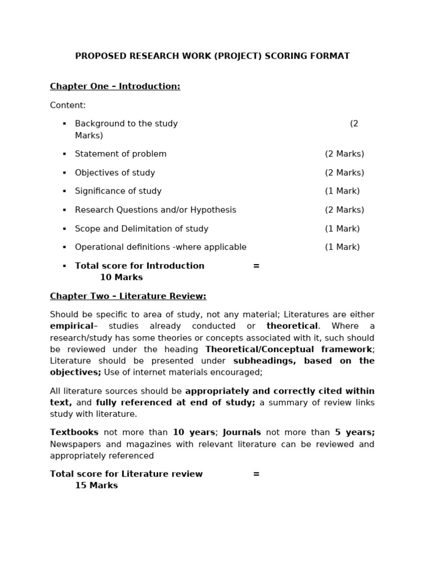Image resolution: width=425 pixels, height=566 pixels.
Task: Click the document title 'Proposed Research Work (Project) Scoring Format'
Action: (212, 56)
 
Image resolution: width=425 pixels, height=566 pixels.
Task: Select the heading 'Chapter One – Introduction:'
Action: (115, 86)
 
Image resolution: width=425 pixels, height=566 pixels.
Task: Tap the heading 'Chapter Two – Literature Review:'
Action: (128, 296)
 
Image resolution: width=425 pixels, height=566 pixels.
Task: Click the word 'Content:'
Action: (68, 105)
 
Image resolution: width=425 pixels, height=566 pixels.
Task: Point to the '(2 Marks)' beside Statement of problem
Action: (344, 154)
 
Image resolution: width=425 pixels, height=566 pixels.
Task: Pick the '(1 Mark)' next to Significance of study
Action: (342, 191)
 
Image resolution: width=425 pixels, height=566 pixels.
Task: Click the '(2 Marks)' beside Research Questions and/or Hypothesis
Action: (344, 210)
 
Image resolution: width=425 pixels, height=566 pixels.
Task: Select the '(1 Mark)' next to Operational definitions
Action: (342, 247)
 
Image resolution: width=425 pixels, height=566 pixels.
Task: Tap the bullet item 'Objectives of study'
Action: (115, 172)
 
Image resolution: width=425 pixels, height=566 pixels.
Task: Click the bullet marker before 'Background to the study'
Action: (64, 124)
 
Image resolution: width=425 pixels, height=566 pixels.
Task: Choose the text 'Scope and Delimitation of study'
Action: (142, 229)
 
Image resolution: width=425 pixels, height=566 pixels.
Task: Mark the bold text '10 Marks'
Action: (121, 277)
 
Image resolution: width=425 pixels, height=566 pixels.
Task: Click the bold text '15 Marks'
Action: (96, 486)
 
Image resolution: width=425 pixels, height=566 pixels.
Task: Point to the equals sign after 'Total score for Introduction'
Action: (256, 266)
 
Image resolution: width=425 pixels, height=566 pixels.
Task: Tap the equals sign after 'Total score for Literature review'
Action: (256, 474)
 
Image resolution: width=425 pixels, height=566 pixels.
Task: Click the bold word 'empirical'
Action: (72, 326)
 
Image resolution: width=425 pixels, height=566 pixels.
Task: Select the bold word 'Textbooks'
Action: (74, 432)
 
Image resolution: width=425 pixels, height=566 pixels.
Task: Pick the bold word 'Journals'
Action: (242, 432)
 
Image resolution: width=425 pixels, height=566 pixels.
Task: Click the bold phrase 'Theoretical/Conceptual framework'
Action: (288, 349)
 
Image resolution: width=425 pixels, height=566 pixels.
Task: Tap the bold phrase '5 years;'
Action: (355, 432)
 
